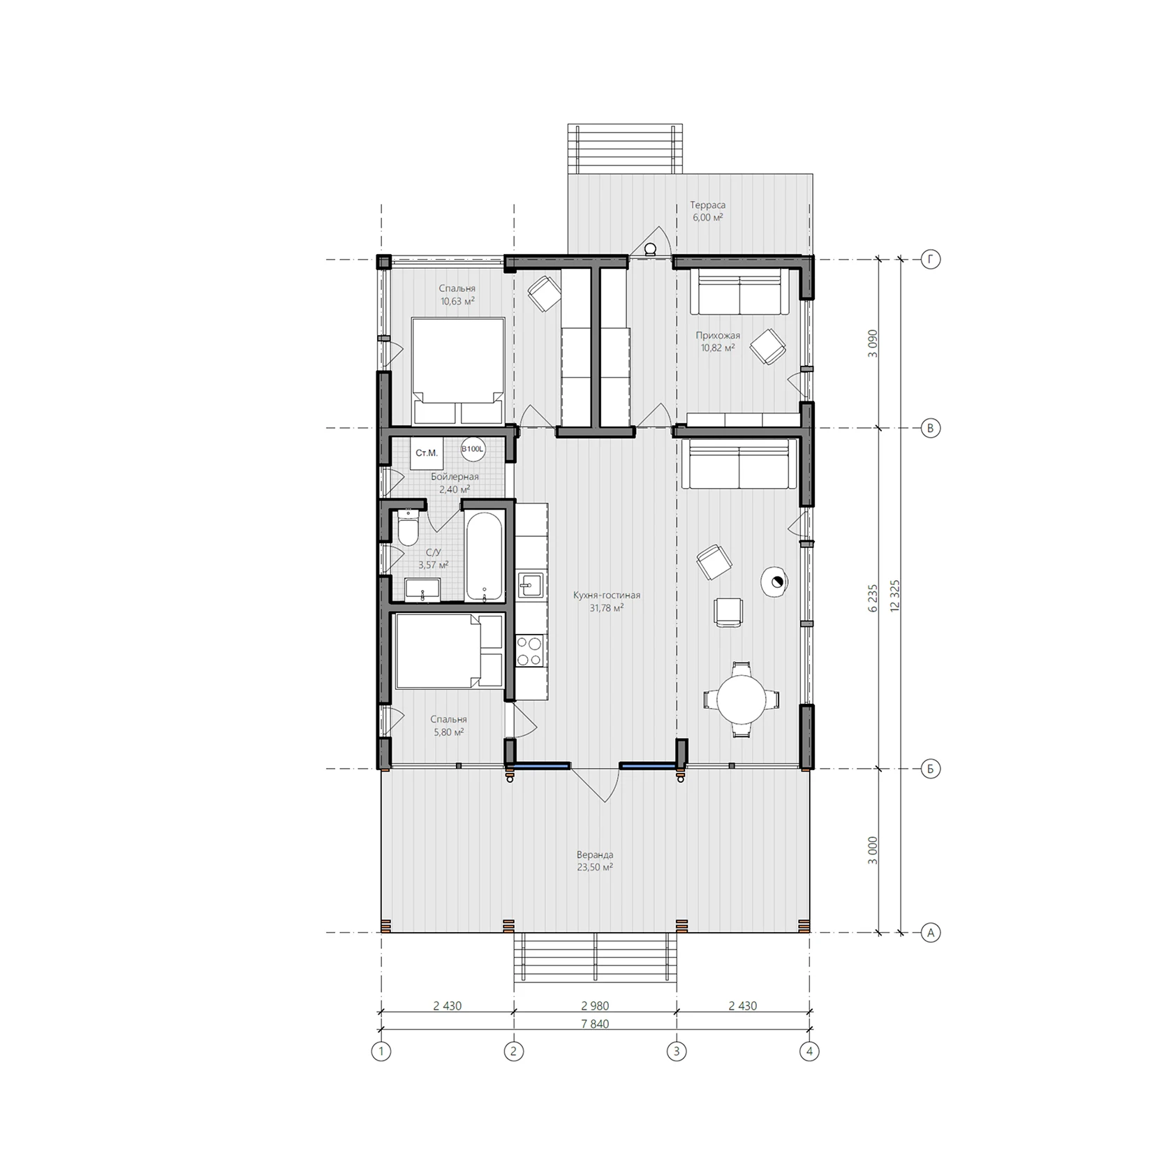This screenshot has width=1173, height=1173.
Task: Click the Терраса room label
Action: coord(708,205)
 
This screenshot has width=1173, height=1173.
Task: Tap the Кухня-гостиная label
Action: coord(607,596)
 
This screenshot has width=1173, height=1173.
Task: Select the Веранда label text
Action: coord(595,855)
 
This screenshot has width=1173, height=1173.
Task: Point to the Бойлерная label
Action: coord(455,477)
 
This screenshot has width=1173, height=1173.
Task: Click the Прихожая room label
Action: coord(718,335)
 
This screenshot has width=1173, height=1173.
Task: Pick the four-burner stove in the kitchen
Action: coord(530,651)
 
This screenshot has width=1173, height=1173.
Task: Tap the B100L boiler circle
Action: coord(473,449)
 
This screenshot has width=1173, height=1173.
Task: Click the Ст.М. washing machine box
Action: coord(427,453)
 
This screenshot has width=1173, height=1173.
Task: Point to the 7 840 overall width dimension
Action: coord(595,1024)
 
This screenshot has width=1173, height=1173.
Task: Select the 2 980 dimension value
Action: coord(595,1006)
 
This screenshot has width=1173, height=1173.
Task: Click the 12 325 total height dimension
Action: coord(894,596)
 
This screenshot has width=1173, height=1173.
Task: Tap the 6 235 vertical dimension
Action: coord(872,598)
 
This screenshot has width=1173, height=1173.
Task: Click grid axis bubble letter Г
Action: coord(930,260)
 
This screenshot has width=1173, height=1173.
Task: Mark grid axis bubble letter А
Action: coord(930,932)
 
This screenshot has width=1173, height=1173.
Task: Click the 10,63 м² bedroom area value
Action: coord(457,301)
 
